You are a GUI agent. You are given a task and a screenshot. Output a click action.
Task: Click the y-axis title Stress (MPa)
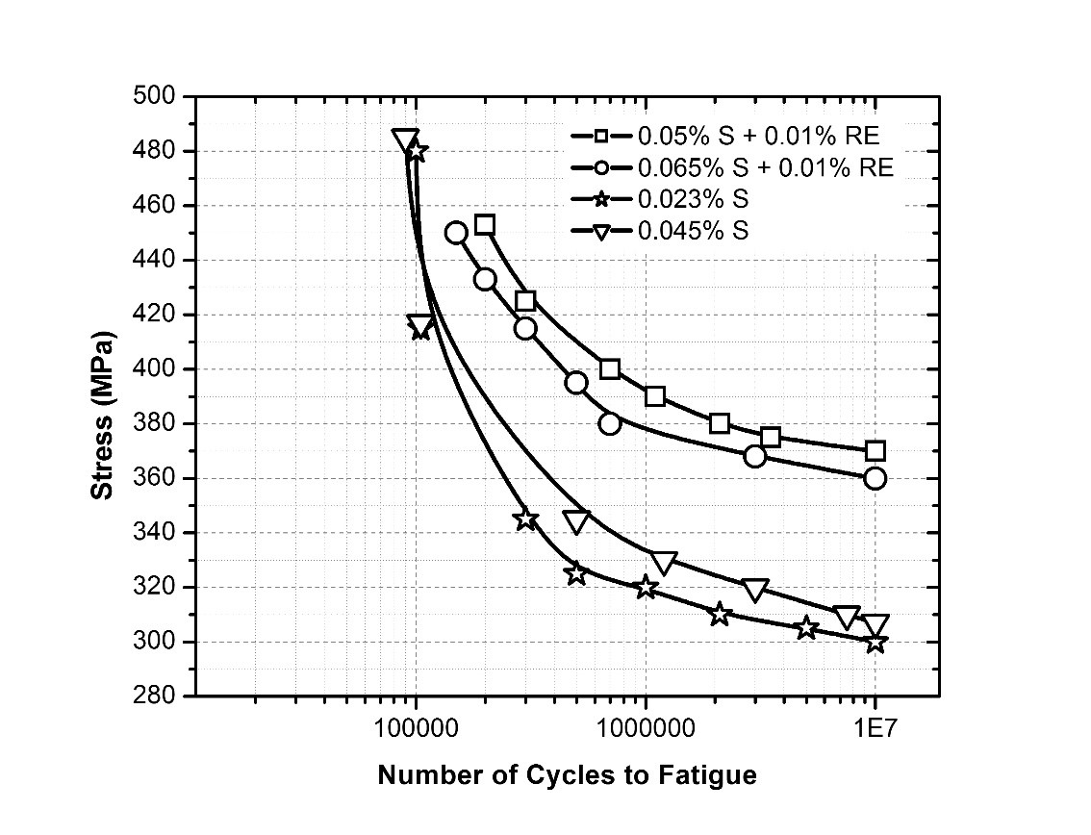[x=102, y=416]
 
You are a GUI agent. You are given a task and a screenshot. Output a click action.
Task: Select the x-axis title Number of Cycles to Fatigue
[x=567, y=775]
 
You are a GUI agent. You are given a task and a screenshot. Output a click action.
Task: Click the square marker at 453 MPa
[x=485, y=225]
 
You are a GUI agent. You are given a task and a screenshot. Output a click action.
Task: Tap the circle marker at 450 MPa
[x=456, y=233]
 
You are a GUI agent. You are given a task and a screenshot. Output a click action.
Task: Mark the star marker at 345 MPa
[x=525, y=519]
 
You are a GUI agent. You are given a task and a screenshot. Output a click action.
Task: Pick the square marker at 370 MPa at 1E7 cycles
[x=875, y=451]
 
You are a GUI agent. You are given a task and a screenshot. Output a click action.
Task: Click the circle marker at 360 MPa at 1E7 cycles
[x=875, y=478]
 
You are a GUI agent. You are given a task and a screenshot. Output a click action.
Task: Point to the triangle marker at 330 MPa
[x=664, y=562]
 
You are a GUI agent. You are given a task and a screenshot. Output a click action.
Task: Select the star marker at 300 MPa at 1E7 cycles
[x=875, y=642]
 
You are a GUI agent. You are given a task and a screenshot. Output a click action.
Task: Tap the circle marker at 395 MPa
[x=576, y=383]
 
